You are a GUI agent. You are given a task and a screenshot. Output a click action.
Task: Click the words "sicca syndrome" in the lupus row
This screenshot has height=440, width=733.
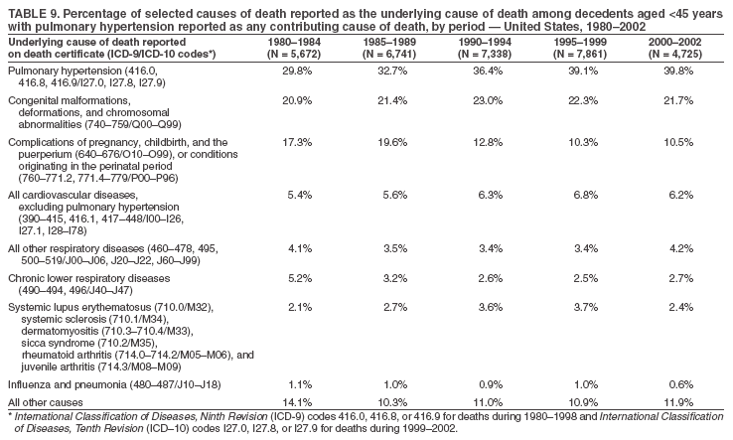tap(55, 343)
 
